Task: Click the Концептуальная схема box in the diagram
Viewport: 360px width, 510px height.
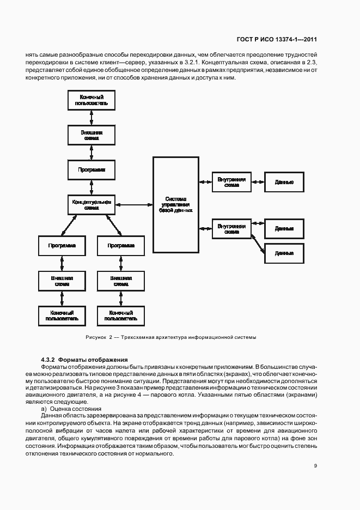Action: [x=91, y=205]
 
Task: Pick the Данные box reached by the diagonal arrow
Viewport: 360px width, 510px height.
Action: [x=284, y=253]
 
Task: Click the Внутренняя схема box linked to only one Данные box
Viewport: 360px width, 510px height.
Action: [x=231, y=181]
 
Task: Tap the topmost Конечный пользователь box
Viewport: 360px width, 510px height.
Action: [x=91, y=100]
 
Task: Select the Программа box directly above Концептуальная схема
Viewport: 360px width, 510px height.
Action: [x=91, y=169]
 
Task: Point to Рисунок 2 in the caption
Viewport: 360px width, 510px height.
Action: [x=99, y=337]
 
